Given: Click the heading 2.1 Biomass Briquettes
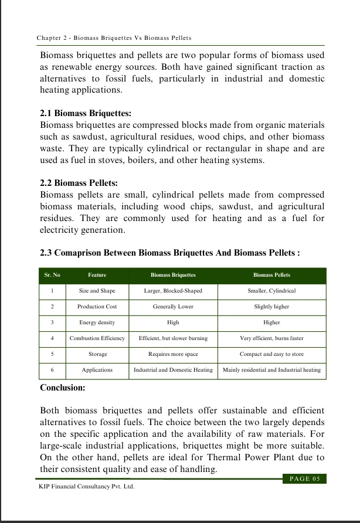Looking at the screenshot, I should click(x=86, y=113).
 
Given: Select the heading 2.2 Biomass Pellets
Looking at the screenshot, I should click(x=79, y=182).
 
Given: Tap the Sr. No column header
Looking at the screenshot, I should click(x=52, y=274).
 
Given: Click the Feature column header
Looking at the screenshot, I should click(x=97, y=274).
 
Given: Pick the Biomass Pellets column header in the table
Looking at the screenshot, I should click(x=271, y=274).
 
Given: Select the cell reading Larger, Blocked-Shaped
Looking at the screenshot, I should click(x=173, y=291).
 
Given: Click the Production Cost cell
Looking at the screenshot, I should click(x=97, y=307).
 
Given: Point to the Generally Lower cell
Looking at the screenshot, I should click(x=173, y=307).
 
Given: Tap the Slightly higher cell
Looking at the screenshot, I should click(x=271, y=307).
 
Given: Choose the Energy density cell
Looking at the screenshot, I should click(x=97, y=322).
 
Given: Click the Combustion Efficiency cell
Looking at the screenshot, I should click(x=97, y=338).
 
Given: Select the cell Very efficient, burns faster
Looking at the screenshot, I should click(x=271, y=338).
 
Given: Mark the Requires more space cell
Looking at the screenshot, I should click(x=173, y=354).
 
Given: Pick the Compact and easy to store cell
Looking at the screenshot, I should click(x=271, y=354).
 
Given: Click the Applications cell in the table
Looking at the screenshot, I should click(x=97, y=370).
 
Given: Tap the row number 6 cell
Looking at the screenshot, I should click(x=52, y=370).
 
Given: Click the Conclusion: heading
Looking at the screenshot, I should click(x=63, y=388).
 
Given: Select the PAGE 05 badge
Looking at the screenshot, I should click(x=304, y=479).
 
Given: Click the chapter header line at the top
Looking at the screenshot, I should click(x=114, y=38).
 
